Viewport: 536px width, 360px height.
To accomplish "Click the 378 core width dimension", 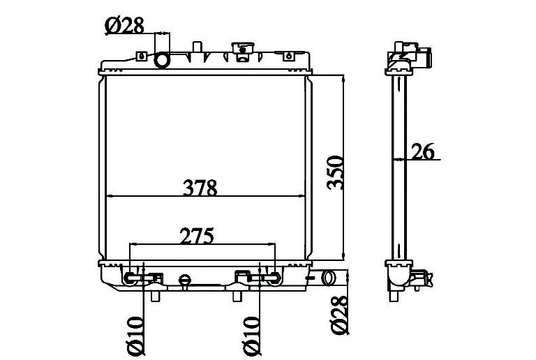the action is pos(200,188).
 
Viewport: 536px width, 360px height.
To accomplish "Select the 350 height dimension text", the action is pos(335,172).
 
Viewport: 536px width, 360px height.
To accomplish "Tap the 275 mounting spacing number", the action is pos(197,236).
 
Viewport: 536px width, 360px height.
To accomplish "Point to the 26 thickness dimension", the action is pos(422,151).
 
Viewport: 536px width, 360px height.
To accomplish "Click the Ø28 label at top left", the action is pos(125,26).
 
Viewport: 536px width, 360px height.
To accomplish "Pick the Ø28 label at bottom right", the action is pos(338,315).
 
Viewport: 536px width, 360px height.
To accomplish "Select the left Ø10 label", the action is pos(135,336).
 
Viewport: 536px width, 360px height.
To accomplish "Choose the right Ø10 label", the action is pos(251,336).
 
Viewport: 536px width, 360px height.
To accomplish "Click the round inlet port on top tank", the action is pos(162,61).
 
